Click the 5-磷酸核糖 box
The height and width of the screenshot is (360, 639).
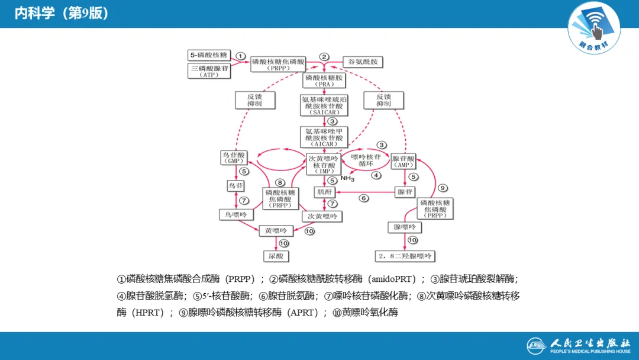209,55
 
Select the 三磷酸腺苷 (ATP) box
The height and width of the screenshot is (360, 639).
209,71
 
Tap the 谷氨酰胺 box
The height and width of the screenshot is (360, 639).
365,62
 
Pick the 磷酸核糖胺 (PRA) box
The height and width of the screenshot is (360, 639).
324,81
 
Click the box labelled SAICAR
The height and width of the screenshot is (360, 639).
324,105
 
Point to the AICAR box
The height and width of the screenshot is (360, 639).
324,137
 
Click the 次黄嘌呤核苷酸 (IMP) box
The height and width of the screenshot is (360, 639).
324,163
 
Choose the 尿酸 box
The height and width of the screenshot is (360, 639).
276,256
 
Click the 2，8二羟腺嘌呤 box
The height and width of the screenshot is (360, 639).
405,256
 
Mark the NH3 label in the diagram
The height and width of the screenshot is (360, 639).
347,178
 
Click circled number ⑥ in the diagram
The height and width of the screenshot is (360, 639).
364,198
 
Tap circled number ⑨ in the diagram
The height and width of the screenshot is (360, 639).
443,188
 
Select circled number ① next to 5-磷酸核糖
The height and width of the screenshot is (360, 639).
240,56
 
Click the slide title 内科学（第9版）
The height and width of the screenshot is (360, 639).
62,14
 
